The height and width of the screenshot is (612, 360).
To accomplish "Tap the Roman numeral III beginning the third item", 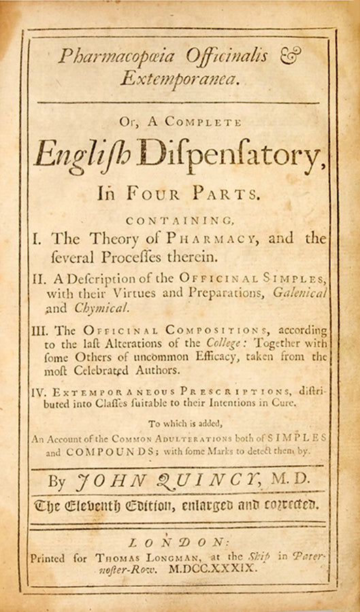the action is pyautogui.click(x=42, y=331).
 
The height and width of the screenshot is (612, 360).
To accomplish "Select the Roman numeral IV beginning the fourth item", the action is pyautogui.click(x=41, y=394).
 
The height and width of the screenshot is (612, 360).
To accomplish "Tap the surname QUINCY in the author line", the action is pyautogui.click(x=217, y=480).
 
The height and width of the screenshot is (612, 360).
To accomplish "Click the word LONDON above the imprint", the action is pyautogui.click(x=181, y=542).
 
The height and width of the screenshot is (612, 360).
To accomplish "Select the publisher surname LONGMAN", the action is pyautogui.click(x=159, y=556).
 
